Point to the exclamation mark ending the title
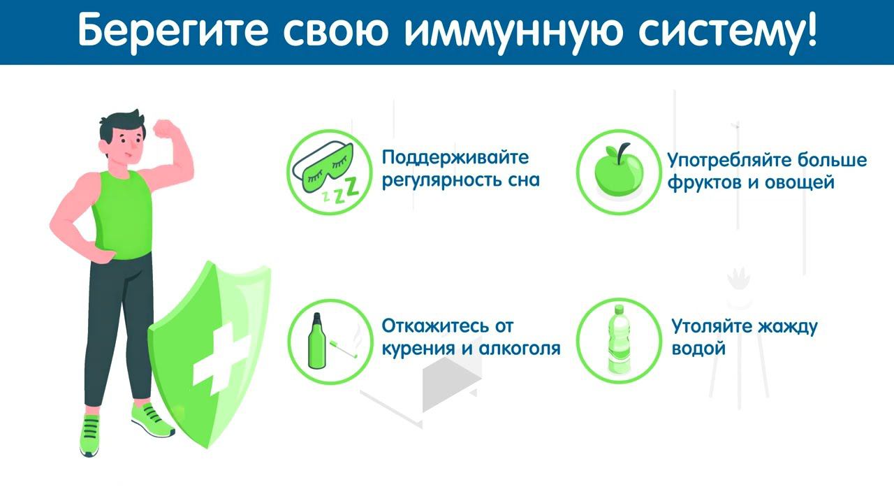point(809,31)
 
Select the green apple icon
point(618,170)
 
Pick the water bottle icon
point(618,340)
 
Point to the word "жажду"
point(784,326)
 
